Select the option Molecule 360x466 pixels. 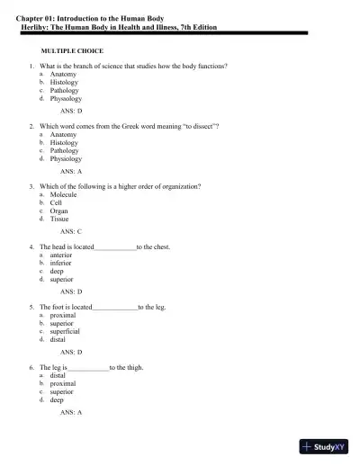[63, 194]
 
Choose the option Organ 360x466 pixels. [58, 211]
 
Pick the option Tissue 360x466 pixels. [58, 219]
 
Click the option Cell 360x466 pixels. [56, 202]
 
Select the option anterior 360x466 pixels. [61, 255]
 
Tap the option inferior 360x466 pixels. [60, 264]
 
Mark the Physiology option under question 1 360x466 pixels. [66, 98]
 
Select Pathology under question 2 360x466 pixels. [64, 150]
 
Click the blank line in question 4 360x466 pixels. [115, 246]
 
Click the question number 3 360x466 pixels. [31, 186]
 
